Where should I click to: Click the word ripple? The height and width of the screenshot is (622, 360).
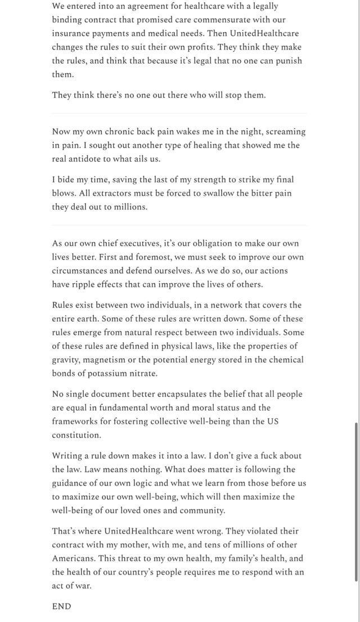point(84,284)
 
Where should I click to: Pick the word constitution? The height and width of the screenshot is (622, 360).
point(76,435)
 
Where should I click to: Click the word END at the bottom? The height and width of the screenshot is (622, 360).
point(62,606)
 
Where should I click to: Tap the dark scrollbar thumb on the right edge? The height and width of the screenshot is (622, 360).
point(356,501)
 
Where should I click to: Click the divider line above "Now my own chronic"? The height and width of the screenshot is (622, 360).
point(179,113)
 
